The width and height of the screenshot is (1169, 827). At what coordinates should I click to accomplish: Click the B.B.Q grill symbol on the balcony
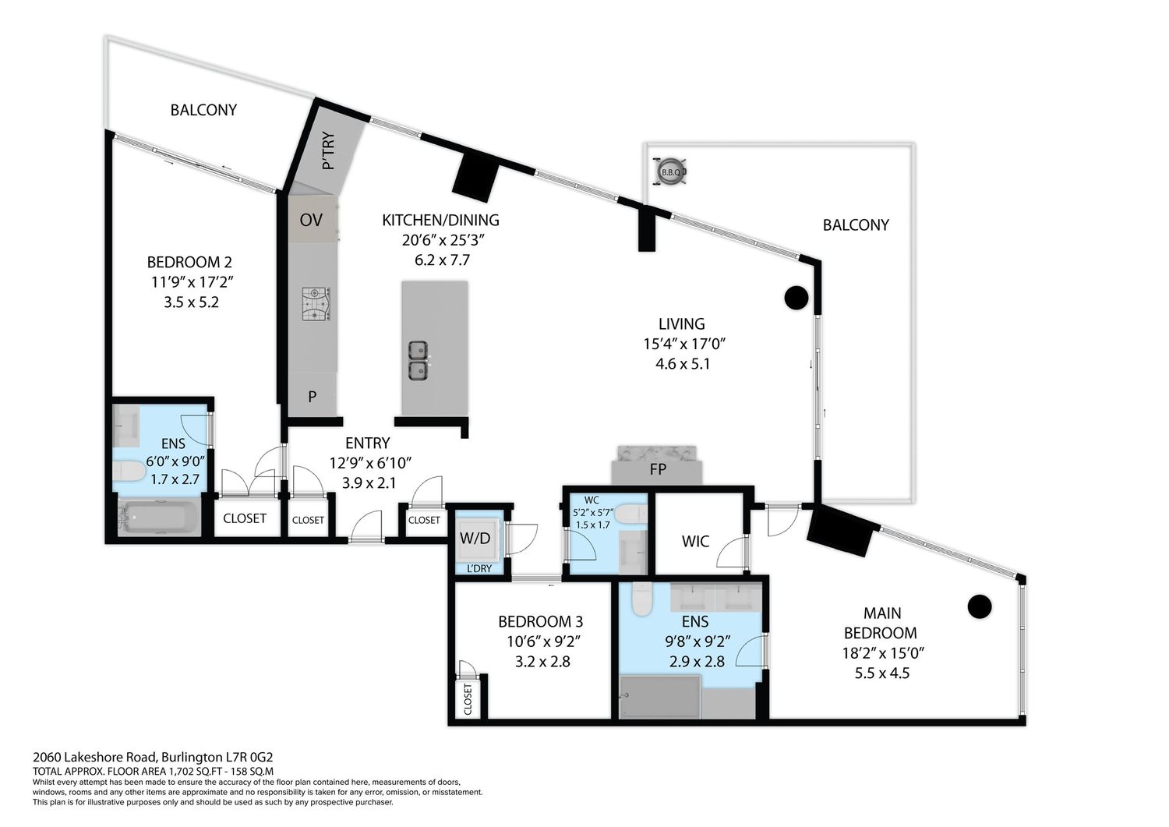pos(670,171)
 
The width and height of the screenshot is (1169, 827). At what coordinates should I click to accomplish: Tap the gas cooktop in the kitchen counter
pos(316,305)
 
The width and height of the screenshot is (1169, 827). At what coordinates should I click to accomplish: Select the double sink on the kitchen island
pos(418,360)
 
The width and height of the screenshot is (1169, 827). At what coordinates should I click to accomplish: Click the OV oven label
pos(311,221)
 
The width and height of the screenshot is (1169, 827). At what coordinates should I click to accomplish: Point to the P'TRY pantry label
pos(328,151)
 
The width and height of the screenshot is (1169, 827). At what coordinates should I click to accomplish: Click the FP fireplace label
pos(658,469)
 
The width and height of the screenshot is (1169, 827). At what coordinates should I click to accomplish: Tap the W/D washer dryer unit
pos(475,539)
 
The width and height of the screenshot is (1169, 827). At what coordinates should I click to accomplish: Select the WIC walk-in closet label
pos(695,542)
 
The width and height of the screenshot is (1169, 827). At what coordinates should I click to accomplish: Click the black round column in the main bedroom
pos(980,606)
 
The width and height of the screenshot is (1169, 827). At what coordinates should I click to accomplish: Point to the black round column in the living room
pos(796,298)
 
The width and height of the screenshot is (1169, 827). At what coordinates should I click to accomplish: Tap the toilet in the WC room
pos(631,514)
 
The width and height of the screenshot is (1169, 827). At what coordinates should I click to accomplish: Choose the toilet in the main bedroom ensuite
pos(641,599)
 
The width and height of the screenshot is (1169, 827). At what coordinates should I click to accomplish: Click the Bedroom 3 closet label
pos(468,699)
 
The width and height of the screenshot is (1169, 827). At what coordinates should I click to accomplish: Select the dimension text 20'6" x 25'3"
pos(443,240)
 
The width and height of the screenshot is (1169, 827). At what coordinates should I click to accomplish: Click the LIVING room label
pos(682,324)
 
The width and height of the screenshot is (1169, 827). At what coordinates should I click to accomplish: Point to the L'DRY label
pos(479,568)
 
